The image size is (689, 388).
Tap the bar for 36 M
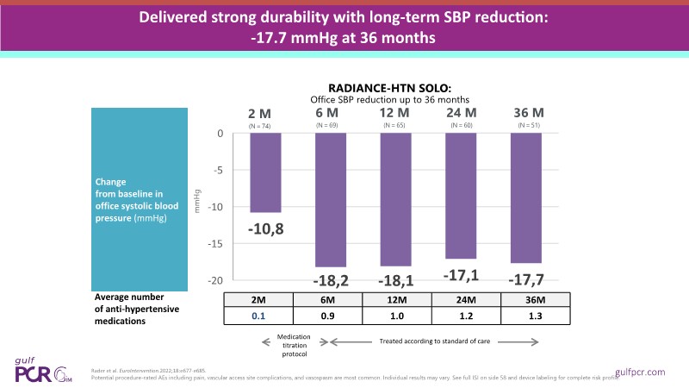[x=526, y=198]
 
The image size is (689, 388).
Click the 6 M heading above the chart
[x=326, y=114]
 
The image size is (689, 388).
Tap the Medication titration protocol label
[x=291, y=345]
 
